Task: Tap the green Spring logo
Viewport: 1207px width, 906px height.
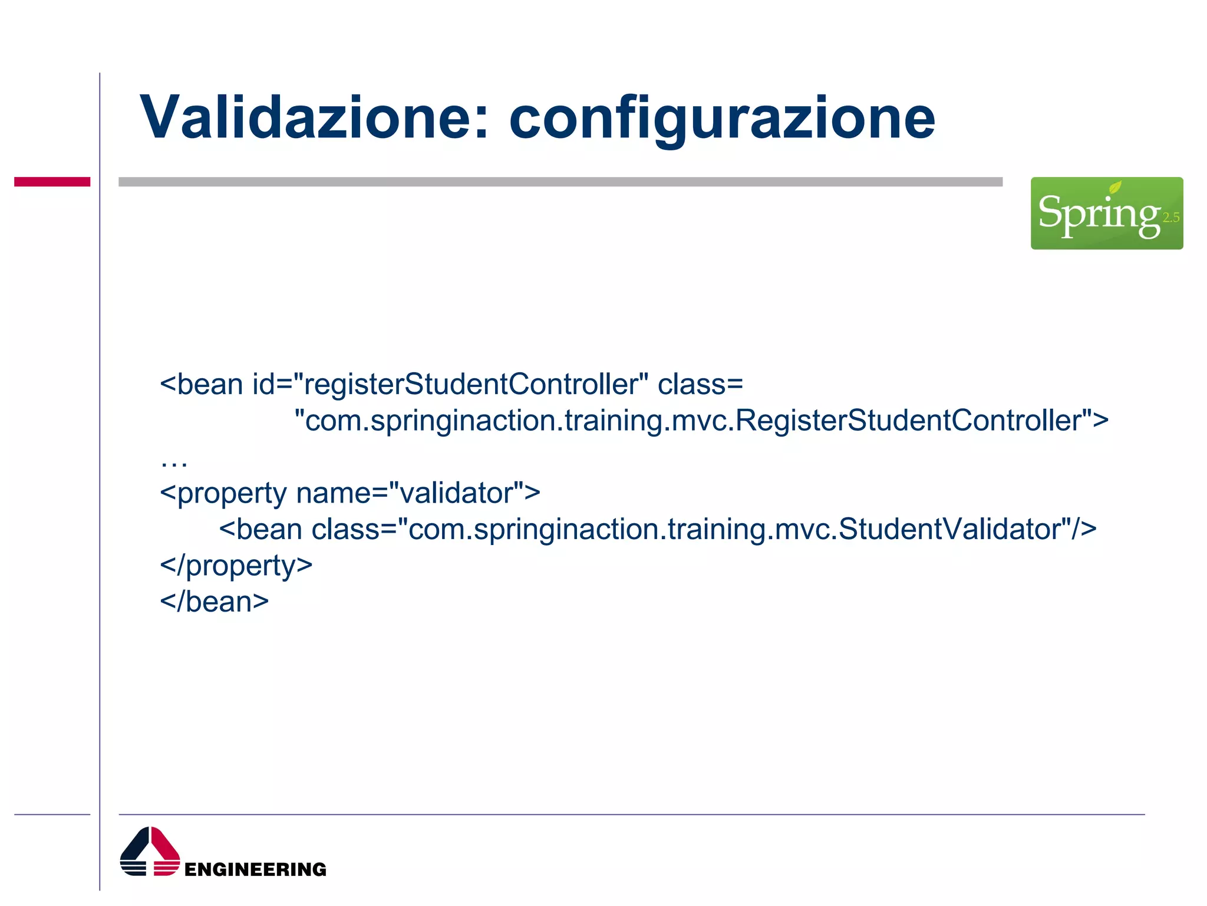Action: coord(1106,214)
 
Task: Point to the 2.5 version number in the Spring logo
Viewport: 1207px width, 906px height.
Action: coord(1170,218)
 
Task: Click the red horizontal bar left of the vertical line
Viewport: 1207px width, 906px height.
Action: coord(52,182)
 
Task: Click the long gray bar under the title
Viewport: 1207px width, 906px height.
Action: coord(560,182)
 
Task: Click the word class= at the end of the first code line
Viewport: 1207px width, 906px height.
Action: coord(700,385)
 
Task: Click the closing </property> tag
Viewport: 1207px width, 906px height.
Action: coord(236,566)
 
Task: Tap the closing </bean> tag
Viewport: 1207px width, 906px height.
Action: coord(214,602)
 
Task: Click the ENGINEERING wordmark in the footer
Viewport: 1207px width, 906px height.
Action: coord(255,869)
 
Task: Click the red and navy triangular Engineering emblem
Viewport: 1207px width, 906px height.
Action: coord(150,852)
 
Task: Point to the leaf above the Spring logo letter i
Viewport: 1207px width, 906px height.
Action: coord(1115,188)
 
